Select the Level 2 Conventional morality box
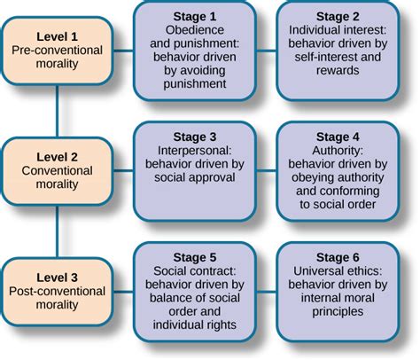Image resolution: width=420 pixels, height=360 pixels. click(58, 170)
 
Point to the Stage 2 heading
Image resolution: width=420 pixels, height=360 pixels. click(337, 15)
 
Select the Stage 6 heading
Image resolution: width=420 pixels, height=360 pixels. click(337, 255)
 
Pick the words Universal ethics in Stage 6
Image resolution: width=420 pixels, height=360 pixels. click(337, 270)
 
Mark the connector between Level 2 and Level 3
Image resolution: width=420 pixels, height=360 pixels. click(58, 230)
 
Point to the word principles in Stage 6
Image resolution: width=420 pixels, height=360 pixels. click(337, 312)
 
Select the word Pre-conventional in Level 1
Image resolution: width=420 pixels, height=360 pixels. click(58, 51)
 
